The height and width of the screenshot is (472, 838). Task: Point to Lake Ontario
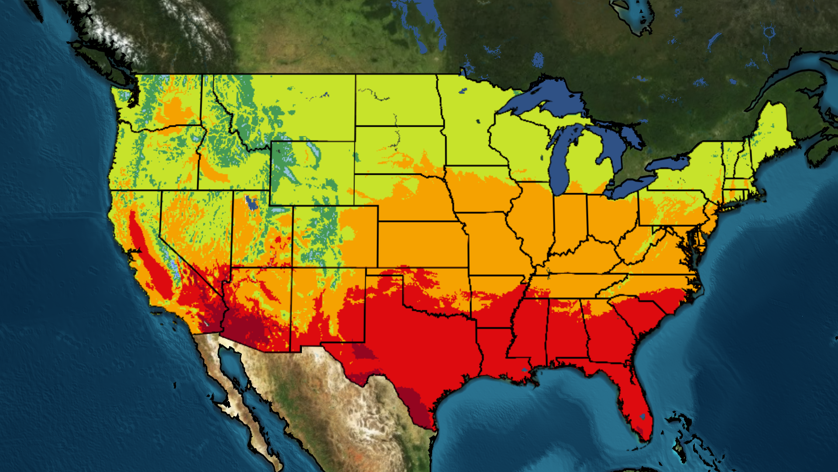click(x=668, y=164)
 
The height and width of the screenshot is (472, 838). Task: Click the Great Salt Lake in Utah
click(x=251, y=203)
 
